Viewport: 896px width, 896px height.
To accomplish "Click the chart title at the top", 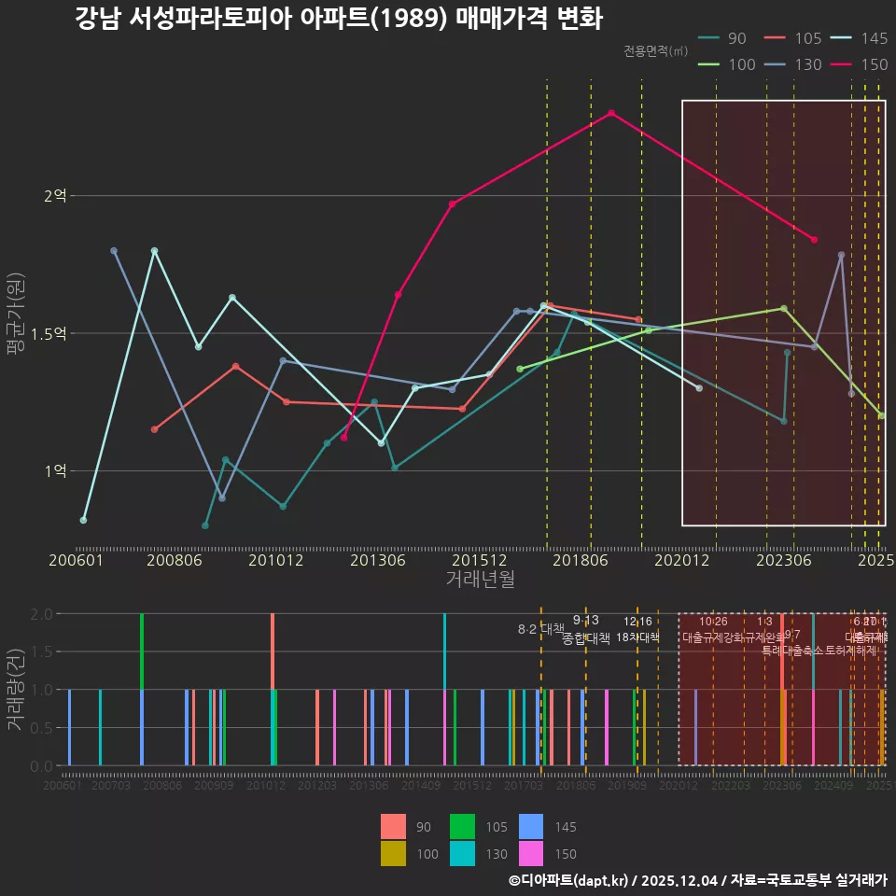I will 339,19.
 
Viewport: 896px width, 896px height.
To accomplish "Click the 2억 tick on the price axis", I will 55,196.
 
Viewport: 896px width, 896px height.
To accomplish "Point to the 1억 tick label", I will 55,470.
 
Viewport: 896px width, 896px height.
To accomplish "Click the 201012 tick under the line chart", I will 275,561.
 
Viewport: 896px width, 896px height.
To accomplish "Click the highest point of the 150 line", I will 611,113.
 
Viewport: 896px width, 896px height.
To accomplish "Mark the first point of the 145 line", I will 83,520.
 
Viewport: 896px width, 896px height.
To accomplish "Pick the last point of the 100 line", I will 881,415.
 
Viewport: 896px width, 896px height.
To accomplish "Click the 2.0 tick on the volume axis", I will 40,614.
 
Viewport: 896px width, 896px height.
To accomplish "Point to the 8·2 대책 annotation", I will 541,628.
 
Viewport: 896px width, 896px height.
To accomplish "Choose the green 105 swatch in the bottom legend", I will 462,827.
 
